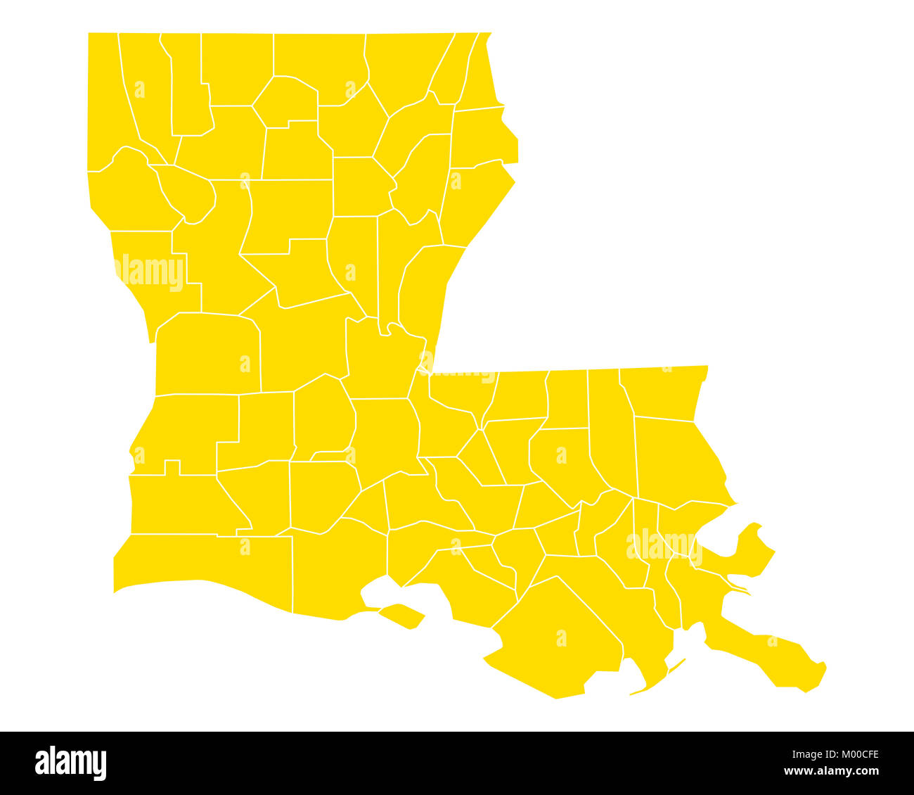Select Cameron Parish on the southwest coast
click(x=204, y=563)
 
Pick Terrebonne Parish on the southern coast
click(x=555, y=633)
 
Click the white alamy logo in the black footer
click(x=71, y=763)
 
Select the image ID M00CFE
click(x=855, y=755)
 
